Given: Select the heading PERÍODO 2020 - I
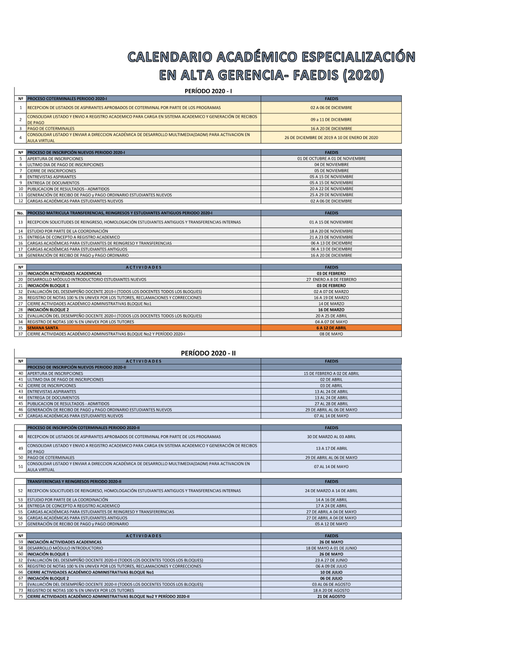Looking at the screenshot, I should click(208, 91).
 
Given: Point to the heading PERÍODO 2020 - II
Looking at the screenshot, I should click(208, 353).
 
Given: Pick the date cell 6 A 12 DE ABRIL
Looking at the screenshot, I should click(331, 328).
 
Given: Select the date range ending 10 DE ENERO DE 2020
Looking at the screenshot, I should click(331, 137).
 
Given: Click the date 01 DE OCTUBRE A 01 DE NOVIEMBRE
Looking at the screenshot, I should click(331, 159).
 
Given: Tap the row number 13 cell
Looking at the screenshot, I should click(21, 222).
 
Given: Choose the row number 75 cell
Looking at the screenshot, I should click(21, 596).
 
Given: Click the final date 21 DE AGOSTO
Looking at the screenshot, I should click(331, 596).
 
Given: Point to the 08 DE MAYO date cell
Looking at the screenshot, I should click(331, 334).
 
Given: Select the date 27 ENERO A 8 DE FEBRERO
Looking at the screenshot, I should click(331, 279).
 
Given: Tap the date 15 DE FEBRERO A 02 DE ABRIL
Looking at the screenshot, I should click(331, 373).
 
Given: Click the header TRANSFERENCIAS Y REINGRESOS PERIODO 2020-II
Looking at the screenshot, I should click(74, 482).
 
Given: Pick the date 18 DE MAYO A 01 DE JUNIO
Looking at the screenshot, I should click(331, 548).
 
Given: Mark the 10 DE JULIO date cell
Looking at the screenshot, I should click(331, 572).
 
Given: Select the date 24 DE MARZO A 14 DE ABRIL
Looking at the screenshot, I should click(331, 491).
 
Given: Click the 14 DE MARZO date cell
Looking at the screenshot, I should click(331, 304).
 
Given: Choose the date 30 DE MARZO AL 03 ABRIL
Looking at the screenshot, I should click(331, 437).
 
